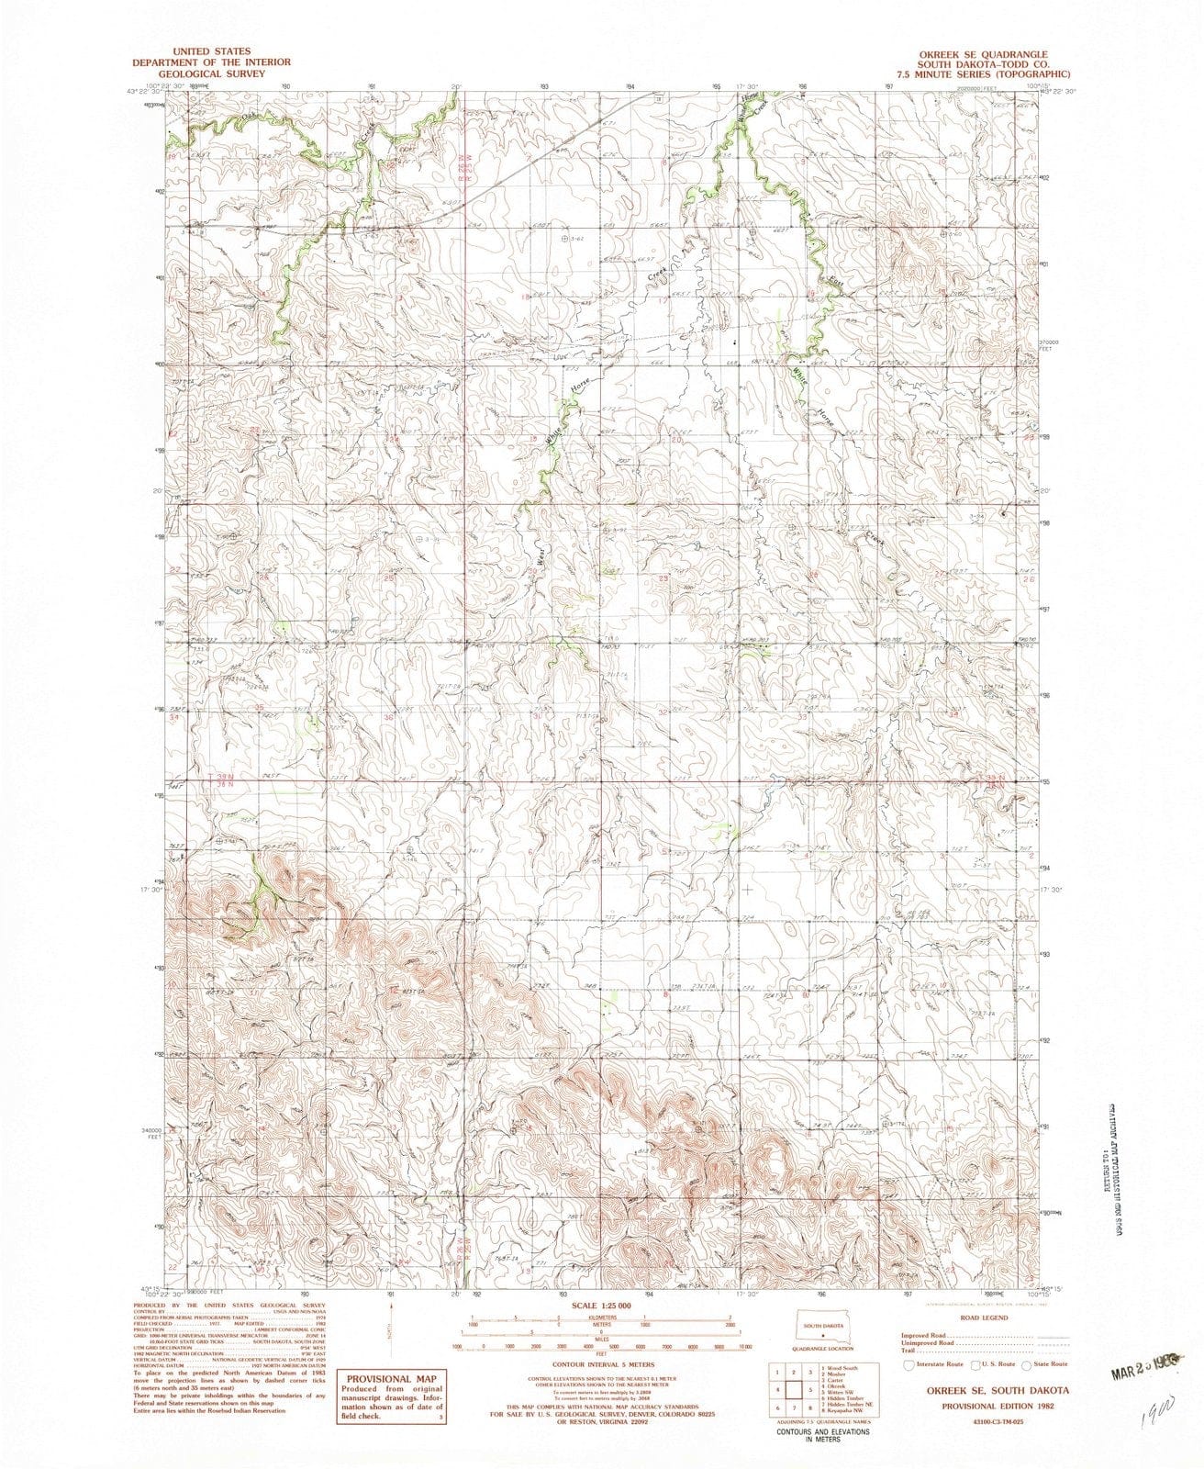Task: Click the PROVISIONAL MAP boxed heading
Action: coord(391,1377)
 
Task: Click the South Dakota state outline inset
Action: coord(823,1329)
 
